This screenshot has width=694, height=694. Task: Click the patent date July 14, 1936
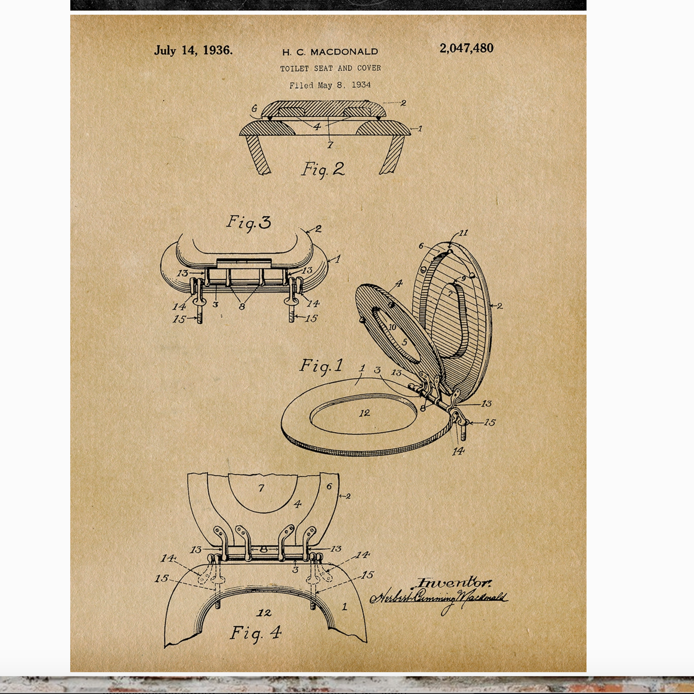pyautogui.click(x=193, y=50)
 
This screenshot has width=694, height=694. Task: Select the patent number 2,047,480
pyautogui.click(x=466, y=48)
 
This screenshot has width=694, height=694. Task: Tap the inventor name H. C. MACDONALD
pyautogui.click(x=330, y=52)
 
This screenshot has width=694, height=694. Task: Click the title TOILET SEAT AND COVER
pyautogui.click(x=330, y=68)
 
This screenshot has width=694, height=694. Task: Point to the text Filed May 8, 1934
pyautogui.click(x=330, y=85)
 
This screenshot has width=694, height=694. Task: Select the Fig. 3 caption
pyautogui.click(x=249, y=222)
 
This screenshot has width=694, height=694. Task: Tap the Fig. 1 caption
pyautogui.click(x=321, y=365)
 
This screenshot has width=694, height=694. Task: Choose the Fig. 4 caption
pyautogui.click(x=256, y=632)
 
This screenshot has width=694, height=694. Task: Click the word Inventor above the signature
pyautogui.click(x=453, y=583)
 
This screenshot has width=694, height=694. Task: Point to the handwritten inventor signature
pyautogui.click(x=439, y=598)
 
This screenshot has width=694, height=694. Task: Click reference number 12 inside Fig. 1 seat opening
pyautogui.click(x=364, y=413)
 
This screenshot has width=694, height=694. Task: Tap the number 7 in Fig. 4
pyautogui.click(x=261, y=488)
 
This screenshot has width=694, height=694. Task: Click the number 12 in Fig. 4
pyautogui.click(x=264, y=613)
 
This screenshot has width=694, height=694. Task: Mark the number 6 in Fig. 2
pyautogui.click(x=254, y=108)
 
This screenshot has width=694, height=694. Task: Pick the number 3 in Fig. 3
pyautogui.click(x=215, y=304)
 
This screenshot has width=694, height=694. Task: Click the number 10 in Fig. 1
pyautogui.click(x=392, y=327)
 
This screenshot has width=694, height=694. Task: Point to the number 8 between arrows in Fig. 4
pyautogui.click(x=263, y=549)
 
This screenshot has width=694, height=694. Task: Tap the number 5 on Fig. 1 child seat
pyautogui.click(x=405, y=342)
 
